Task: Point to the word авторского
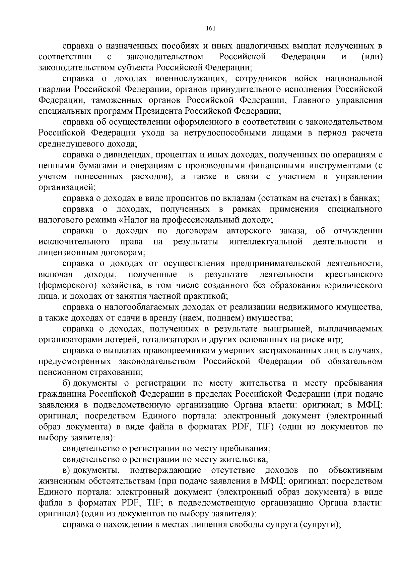tap(249, 231)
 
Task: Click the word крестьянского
tap(354, 274)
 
